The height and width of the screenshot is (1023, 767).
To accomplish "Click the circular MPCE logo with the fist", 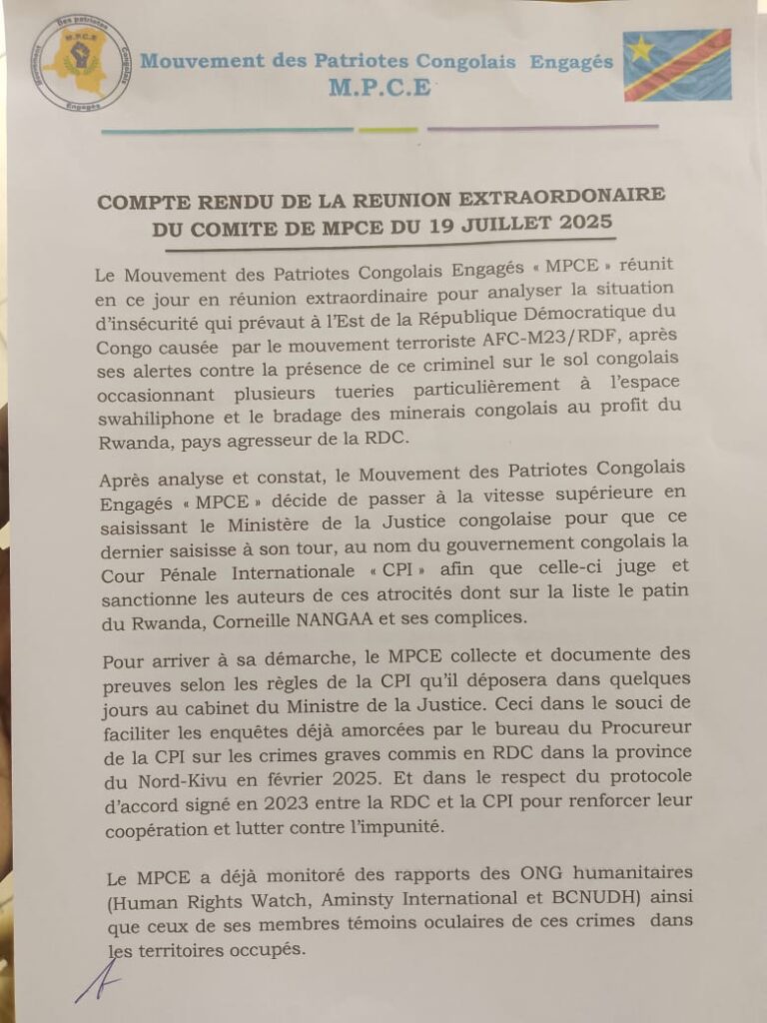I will point(81,63).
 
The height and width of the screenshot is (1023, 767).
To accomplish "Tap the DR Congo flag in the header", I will point(676,66).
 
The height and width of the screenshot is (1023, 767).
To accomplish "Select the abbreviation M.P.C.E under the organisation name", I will point(380,88).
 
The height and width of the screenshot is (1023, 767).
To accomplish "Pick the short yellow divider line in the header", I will point(388,130).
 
